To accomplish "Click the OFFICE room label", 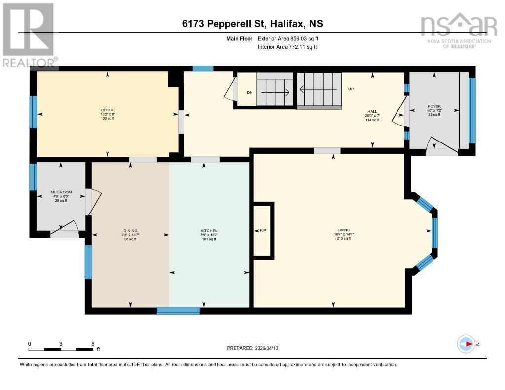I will click(x=107, y=110).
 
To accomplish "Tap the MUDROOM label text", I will click(x=61, y=192).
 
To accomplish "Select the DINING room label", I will click(x=130, y=231).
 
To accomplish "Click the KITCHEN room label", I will click(x=209, y=231).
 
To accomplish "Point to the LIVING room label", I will click(x=343, y=230).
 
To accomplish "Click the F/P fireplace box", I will click(x=262, y=230).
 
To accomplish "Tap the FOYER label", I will click(x=434, y=106).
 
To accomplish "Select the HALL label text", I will click(x=372, y=112).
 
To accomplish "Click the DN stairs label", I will click(x=250, y=92).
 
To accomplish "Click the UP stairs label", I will click(x=351, y=89).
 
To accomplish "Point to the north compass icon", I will click(x=466, y=344).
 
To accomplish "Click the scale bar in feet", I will click(x=61, y=349).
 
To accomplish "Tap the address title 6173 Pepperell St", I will click(x=252, y=24).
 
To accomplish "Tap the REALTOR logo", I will click(x=28, y=35).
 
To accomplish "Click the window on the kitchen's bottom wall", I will click(x=178, y=311).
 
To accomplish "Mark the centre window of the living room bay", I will click(x=434, y=233).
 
